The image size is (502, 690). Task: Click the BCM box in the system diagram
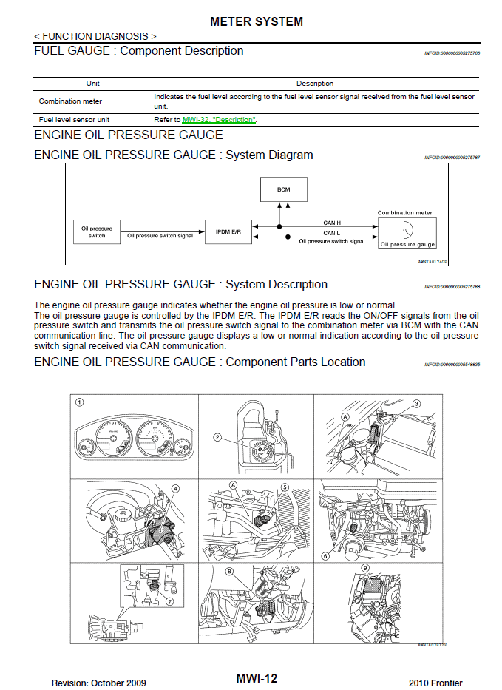(x=284, y=189)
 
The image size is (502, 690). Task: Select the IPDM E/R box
(x=228, y=231)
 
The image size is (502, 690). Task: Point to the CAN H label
(x=332, y=222)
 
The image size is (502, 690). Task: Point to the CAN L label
(x=332, y=233)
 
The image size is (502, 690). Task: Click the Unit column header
(x=92, y=84)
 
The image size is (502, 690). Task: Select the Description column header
(x=314, y=84)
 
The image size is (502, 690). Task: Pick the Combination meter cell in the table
(x=71, y=101)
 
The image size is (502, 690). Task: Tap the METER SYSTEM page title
(x=257, y=22)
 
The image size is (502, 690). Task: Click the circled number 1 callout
(x=79, y=403)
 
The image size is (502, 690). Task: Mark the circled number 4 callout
(x=175, y=489)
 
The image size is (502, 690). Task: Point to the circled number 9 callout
(x=365, y=569)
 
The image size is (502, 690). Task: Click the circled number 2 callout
(x=217, y=437)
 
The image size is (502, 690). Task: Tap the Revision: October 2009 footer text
(x=98, y=682)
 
